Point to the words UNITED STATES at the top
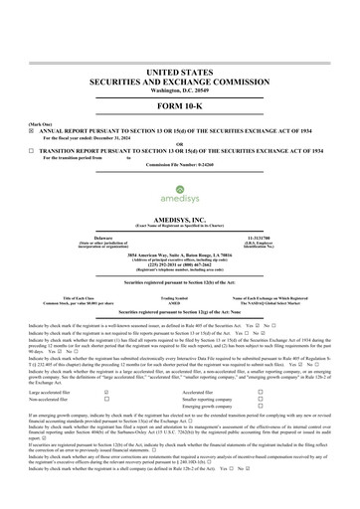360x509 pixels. tap(179, 74)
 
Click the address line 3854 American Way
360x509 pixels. tap(179, 255)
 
